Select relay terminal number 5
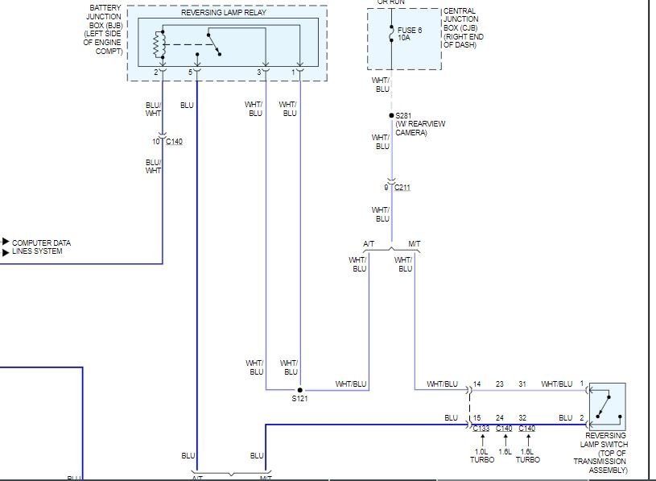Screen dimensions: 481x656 [191, 73]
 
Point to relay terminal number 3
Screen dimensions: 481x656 [259, 73]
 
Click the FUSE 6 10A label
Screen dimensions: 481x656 [410, 35]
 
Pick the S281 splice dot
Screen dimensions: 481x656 [392, 115]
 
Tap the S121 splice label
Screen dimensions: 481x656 [299, 398]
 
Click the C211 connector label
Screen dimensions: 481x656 [402, 188]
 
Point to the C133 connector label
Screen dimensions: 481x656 [481, 429]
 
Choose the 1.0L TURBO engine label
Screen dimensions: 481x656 [481, 455]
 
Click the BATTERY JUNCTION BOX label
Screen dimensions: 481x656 [104, 30]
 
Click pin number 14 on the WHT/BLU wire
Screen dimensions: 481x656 [477, 384]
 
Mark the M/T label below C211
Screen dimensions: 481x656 [414, 243]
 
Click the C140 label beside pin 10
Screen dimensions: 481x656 [174, 142]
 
